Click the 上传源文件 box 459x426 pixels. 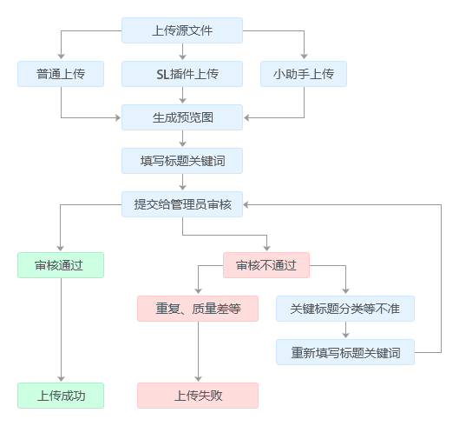tap(182, 30)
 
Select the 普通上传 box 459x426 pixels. tap(61, 74)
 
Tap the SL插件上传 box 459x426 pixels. tap(182, 74)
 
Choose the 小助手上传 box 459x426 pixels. tap(304, 74)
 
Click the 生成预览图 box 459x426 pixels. tap(182, 117)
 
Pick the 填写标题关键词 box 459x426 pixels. tap(182, 161)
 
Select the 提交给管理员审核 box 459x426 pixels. tap(182, 204)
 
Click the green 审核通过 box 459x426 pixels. tap(61, 265)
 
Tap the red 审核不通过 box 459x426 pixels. tap(266, 265)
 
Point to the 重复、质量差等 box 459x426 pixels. tap(198, 309)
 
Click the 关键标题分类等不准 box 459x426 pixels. tap(345, 309)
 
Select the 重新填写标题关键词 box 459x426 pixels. tap(345, 352)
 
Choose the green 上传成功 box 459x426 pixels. tap(61, 396)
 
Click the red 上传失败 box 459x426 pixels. tap(198, 396)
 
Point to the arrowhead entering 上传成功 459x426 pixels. tap(62, 379)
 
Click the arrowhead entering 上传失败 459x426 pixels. tap(198, 379)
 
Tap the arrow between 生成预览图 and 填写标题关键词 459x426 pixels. tap(183, 138)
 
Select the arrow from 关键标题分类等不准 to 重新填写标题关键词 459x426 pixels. tap(345, 330)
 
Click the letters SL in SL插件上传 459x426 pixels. tap(163, 74)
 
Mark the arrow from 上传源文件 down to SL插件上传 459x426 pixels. tap(183, 51)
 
